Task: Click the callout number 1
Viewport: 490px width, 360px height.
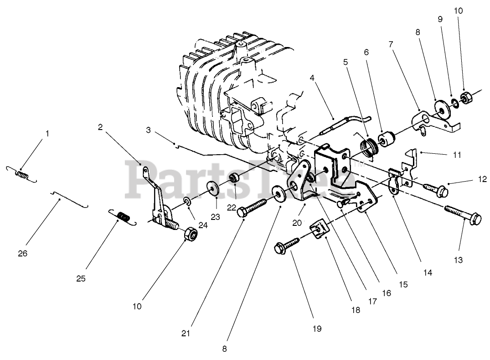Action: pos(47,134)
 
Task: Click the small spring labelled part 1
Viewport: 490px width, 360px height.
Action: pos(21,174)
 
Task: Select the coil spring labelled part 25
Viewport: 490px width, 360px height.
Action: pos(122,216)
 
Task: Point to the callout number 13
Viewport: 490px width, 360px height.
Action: pos(458,260)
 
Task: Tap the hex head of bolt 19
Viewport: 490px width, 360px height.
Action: pos(279,249)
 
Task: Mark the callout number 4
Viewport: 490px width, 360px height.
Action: pos(312,78)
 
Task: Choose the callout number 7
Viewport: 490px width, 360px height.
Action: pos(391,44)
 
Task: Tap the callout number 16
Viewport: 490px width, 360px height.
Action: pos(386,293)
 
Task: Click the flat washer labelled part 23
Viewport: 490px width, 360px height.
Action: pos(213,188)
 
